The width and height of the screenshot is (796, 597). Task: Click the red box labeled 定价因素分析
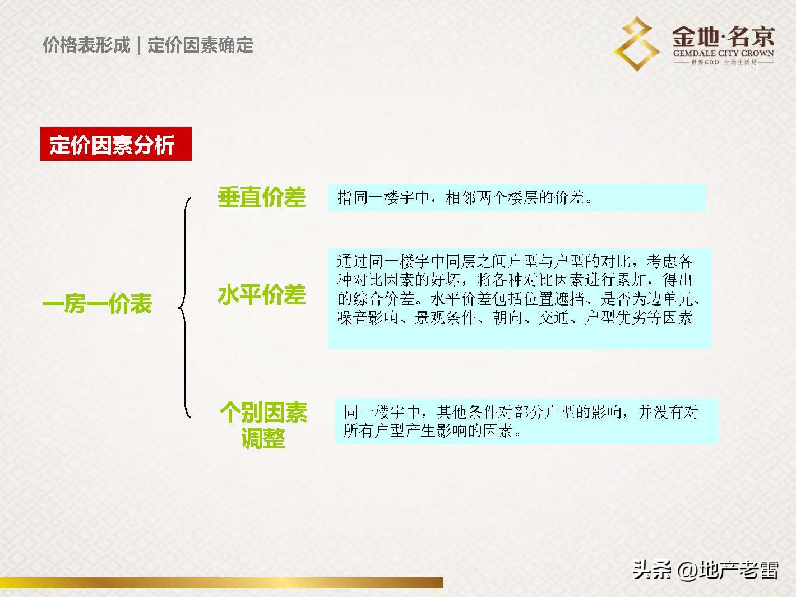[115, 144]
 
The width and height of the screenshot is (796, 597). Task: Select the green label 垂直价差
[261, 197]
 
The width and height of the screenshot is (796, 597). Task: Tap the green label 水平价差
[261, 295]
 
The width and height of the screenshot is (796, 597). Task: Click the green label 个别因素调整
[263, 425]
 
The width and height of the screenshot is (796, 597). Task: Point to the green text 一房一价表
[98, 304]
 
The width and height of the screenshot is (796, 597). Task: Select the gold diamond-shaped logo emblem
[637, 43]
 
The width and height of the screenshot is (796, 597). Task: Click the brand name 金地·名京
[723, 37]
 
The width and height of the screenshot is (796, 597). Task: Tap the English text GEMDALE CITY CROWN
[723, 54]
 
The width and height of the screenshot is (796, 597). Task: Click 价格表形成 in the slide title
[86, 45]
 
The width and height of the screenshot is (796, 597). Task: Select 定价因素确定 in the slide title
[200, 45]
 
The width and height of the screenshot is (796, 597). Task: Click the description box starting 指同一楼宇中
[516, 197]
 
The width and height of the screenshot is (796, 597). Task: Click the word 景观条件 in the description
[445, 318]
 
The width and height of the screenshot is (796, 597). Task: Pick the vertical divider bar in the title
[138, 45]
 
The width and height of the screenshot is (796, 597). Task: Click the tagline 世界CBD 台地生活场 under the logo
[723, 62]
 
